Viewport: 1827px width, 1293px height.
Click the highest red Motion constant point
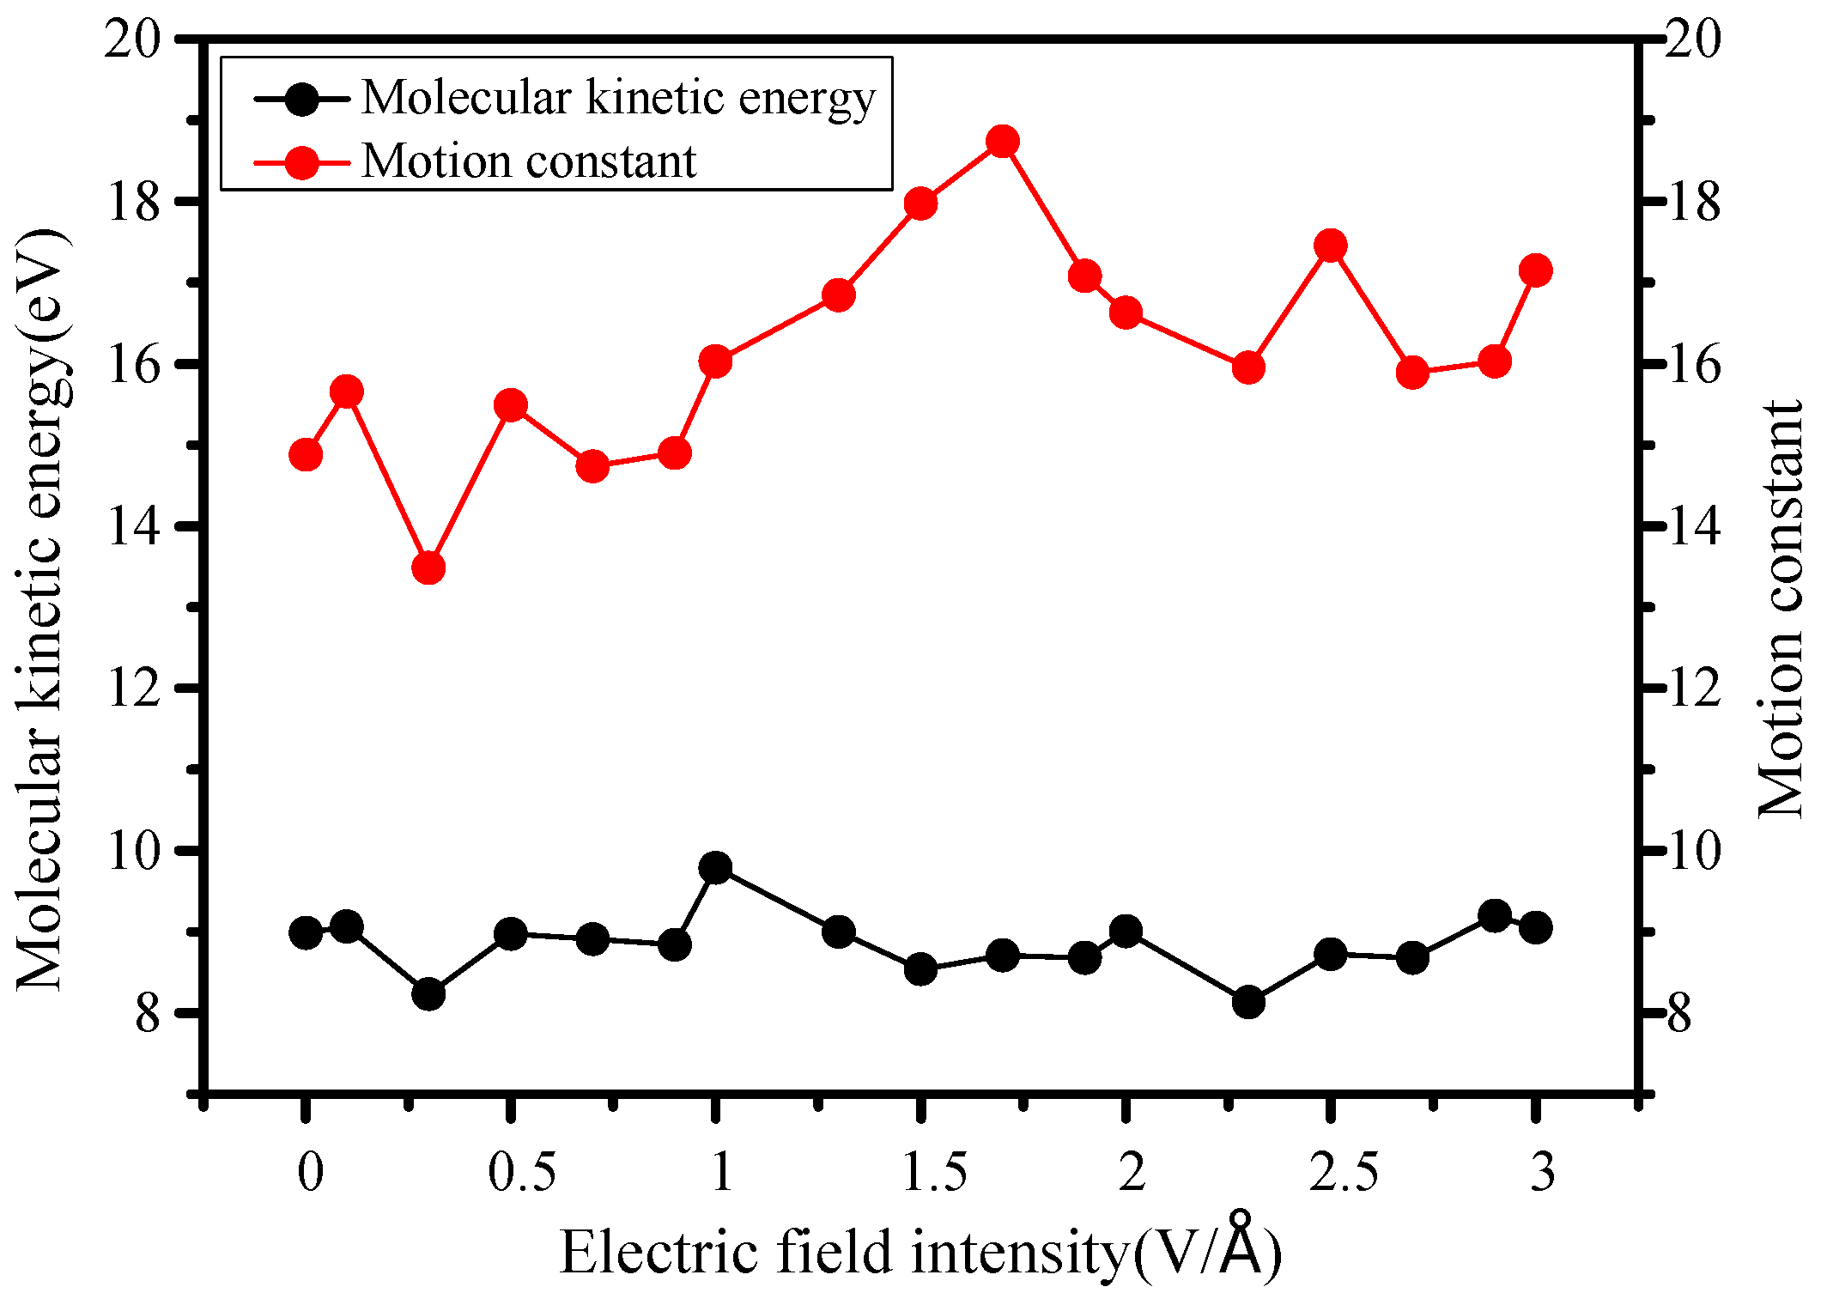pos(1002,142)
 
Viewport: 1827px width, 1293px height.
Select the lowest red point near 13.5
pos(428,568)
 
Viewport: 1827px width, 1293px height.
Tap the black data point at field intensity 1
pos(715,868)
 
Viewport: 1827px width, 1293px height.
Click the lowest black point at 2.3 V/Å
pos(1248,1002)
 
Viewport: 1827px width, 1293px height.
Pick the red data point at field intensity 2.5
pos(1331,246)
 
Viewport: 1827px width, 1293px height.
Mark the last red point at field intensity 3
pos(1535,270)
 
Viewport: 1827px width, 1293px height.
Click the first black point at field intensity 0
pos(306,932)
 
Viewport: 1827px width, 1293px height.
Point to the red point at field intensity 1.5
pos(920,204)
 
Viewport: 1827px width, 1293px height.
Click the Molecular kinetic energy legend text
pos(618,97)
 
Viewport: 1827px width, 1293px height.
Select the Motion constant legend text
pos(528,161)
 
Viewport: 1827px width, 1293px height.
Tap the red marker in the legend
pos(302,161)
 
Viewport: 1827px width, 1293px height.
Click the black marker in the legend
pos(302,98)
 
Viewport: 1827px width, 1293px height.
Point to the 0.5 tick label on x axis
pos(521,1172)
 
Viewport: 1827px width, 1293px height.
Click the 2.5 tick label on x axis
pos(1343,1172)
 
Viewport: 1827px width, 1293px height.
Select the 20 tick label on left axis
pos(132,40)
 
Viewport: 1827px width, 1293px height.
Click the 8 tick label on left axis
pos(148,1014)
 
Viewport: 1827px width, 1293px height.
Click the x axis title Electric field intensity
pos(920,1252)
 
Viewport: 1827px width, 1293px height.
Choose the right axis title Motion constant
pos(1781,610)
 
